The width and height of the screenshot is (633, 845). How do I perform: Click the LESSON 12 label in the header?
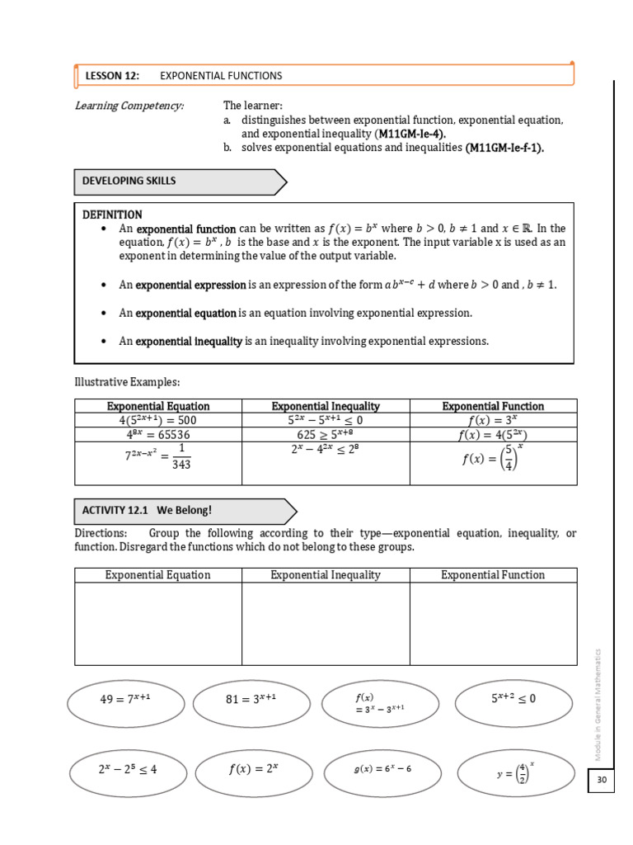[x=112, y=76]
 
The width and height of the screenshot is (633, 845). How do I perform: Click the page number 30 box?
[x=601, y=781]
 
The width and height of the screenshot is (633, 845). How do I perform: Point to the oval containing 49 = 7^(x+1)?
[x=125, y=700]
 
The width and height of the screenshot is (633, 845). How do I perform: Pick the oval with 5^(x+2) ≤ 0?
[x=513, y=698]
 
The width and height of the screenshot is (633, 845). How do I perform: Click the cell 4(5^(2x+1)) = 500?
[x=157, y=420]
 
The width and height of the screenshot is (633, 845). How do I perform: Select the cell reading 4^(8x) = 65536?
[x=157, y=434]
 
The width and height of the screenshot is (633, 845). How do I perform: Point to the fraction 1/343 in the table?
[x=181, y=457]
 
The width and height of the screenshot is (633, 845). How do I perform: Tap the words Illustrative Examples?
[x=126, y=381]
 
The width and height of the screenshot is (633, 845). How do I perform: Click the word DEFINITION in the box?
[x=112, y=215]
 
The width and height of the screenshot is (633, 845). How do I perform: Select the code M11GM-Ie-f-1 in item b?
[x=504, y=148]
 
